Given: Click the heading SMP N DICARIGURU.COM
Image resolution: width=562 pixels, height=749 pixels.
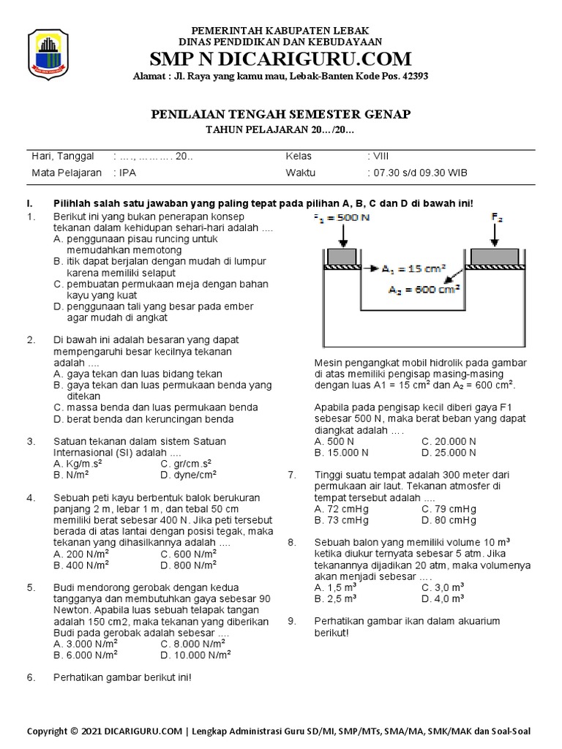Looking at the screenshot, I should coord(280,59).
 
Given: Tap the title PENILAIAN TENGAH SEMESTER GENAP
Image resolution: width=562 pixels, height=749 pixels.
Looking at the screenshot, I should coord(281,114).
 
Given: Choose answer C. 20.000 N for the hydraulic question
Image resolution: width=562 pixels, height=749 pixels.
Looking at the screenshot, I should coord(449,442).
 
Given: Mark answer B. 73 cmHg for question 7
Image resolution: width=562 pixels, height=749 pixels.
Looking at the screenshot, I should coord(341,520).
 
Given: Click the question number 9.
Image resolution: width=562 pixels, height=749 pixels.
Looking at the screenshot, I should coord(291,621).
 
